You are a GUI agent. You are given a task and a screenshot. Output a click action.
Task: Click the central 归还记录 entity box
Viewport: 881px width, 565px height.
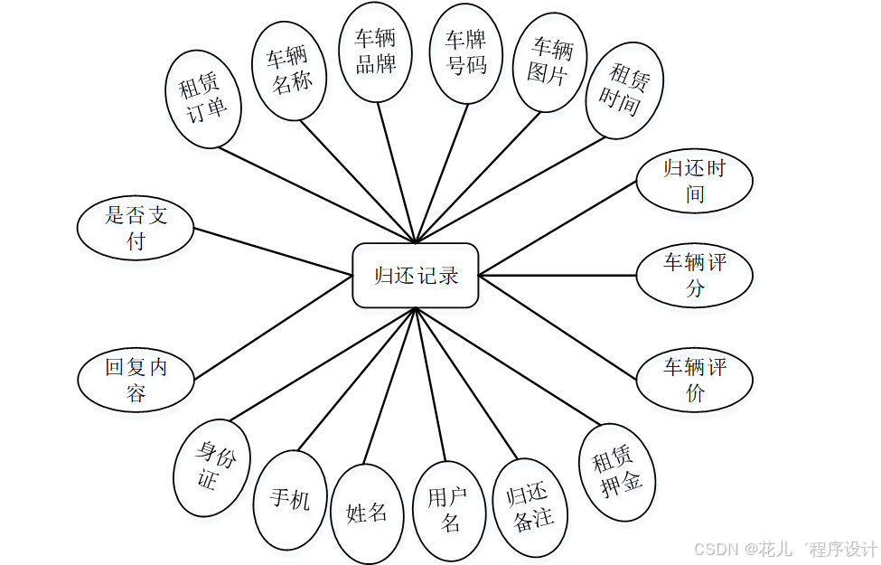coord(415,275)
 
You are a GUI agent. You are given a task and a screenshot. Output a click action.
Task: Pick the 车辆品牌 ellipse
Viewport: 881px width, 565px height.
coord(375,52)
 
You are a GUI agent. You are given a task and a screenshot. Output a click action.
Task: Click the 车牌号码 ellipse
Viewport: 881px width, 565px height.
coord(465,52)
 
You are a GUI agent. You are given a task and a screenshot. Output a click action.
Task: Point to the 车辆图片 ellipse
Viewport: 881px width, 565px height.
coord(550,61)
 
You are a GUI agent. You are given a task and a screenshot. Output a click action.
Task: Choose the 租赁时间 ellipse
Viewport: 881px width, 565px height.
coord(624,90)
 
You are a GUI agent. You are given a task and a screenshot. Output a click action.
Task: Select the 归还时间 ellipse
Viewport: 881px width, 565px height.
coord(694,181)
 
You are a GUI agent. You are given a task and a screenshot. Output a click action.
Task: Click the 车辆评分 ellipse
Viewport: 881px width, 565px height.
coord(694,276)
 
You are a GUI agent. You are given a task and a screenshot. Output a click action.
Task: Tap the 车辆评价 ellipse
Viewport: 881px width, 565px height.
coord(694,380)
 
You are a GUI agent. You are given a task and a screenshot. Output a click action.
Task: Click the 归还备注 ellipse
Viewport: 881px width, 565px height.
coord(533,506)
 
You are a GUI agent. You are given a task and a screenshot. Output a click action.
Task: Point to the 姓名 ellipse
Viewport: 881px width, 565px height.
coord(367,513)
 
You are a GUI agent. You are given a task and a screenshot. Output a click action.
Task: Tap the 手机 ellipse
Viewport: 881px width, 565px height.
coord(290,500)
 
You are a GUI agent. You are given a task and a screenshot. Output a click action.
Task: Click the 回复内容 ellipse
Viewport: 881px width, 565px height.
coord(136,381)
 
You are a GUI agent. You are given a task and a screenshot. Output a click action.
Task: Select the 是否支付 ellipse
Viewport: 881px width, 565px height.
coord(136,228)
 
